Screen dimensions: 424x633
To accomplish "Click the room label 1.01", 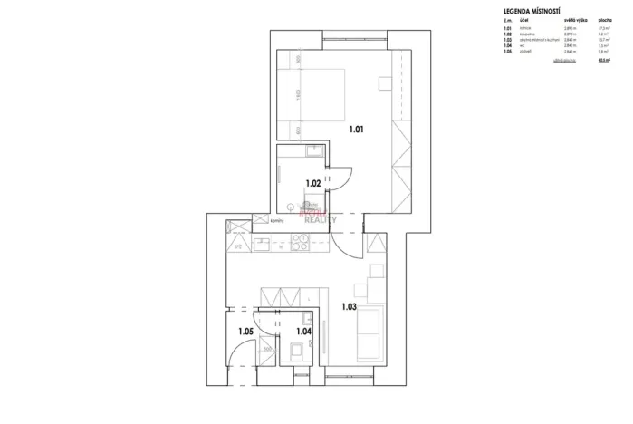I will (x=357, y=130).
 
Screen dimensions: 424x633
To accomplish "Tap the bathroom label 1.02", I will (x=312, y=183).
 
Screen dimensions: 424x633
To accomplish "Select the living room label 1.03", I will (x=350, y=306).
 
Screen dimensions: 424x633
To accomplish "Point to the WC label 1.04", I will (x=303, y=332).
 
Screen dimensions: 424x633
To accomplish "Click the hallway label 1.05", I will (x=245, y=332).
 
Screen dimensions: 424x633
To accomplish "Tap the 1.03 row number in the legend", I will (x=506, y=41).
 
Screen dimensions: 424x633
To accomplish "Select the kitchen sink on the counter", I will (x=262, y=242).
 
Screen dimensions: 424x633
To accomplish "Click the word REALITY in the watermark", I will (x=322, y=219).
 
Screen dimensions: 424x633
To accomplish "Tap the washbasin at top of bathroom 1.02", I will (x=311, y=150).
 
